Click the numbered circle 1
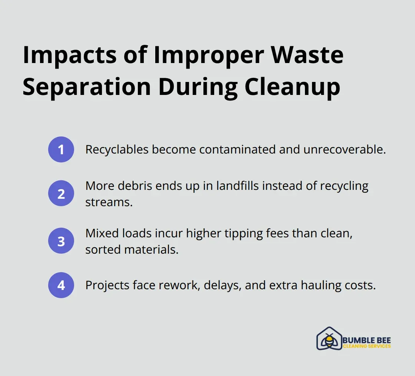pyautogui.click(x=61, y=149)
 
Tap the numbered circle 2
pyautogui.click(x=61, y=193)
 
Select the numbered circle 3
pyautogui.click(x=61, y=241)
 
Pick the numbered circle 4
pyautogui.click(x=61, y=285)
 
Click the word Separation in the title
pyautogui.click(x=87, y=87)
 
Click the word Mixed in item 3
pyautogui.click(x=99, y=234)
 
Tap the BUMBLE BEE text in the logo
pyautogui.click(x=366, y=340)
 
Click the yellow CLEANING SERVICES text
pyautogui.click(x=366, y=346)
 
